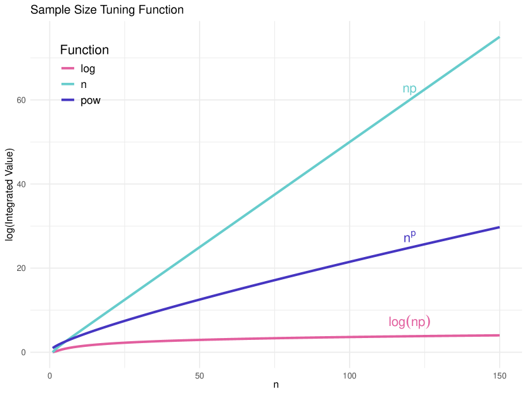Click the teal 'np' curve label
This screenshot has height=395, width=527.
coord(409,89)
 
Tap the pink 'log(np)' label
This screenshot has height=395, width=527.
coord(409,322)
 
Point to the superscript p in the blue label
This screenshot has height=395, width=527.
coord(414,234)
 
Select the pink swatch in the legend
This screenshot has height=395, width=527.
coord(68,68)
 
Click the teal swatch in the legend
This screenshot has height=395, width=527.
coord(68,84)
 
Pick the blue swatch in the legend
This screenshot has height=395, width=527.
coord(68,99)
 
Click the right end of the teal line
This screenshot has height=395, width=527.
coord(499,37)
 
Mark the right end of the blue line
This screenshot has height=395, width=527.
coord(499,227)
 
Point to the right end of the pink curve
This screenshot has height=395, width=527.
coord(499,335)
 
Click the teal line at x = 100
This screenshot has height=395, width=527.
coord(350,142)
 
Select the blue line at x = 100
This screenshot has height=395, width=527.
coord(350,261)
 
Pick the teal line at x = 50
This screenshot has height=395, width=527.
coord(200,247)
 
